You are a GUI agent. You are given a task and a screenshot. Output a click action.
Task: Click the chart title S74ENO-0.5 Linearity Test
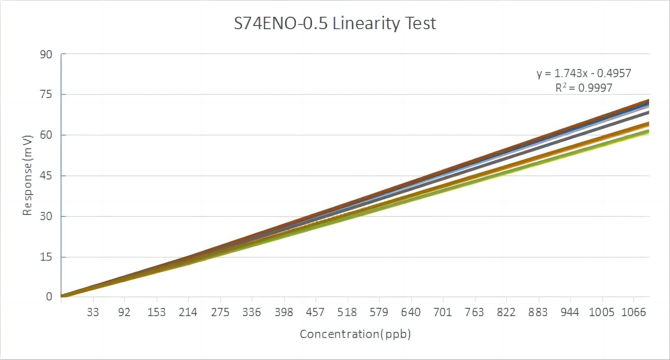(x=334, y=24)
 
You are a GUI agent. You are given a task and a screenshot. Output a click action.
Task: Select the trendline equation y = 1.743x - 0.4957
(x=584, y=74)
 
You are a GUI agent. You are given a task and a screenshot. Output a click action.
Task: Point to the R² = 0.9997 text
(x=584, y=88)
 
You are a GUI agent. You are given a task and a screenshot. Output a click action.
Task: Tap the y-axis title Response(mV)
(x=27, y=175)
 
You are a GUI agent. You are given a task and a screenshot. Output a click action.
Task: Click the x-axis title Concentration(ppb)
(x=355, y=334)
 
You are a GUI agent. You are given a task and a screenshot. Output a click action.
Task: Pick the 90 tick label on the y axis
(x=46, y=54)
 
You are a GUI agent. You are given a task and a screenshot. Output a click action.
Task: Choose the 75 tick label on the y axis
(x=46, y=94)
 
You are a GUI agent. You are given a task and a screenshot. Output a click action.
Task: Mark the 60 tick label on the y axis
(x=46, y=135)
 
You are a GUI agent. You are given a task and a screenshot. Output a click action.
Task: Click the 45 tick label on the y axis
(x=46, y=176)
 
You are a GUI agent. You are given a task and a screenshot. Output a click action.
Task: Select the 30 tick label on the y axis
(x=46, y=217)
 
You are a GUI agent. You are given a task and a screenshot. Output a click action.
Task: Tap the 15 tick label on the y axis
(x=46, y=257)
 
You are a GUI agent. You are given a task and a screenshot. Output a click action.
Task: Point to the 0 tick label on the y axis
(x=50, y=297)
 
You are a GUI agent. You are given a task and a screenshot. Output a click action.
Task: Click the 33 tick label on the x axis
(x=93, y=313)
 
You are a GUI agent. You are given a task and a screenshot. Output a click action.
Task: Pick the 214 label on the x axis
(x=188, y=313)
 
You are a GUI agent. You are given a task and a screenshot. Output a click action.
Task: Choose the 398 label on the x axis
(x=284, y=313)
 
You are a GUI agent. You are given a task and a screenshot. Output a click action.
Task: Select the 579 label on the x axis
(x=379, y=313)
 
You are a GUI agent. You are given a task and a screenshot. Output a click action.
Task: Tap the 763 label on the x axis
(x=475, y=313)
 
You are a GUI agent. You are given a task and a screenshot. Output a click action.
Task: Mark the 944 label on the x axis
(x=570, y=313)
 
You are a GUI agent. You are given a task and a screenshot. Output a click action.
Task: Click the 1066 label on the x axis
(x=634, y=313)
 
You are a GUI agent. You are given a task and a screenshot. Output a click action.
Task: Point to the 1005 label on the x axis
(x=602, y=313)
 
